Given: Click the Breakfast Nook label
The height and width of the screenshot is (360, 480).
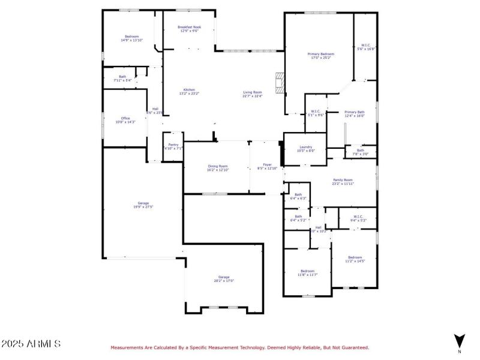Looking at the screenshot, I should tap(190, 29).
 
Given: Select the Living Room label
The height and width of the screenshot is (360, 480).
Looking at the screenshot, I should tap(253, 94).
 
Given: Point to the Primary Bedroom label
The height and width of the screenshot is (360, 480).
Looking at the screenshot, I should tap(321, 56).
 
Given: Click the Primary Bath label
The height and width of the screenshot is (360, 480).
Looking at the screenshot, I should tap(355, 114).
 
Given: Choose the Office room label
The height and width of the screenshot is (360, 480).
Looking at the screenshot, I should tap(125, 120).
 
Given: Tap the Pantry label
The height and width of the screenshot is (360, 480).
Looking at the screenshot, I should tap(173, 146).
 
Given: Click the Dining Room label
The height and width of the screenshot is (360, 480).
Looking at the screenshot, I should tap(218, 167).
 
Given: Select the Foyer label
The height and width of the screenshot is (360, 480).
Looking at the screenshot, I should tap(268, 166).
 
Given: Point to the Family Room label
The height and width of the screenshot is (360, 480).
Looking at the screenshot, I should tap(343, 181).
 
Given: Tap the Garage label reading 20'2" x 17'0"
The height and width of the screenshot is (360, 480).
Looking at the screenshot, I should tap(224, 278).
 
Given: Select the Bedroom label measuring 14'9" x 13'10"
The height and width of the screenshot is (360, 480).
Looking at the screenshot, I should tap(133, 38).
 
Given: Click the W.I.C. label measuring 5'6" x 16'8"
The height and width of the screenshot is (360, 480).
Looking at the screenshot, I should tap(366, 47).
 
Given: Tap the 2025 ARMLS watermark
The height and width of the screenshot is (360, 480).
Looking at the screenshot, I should tap(31, 344).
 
